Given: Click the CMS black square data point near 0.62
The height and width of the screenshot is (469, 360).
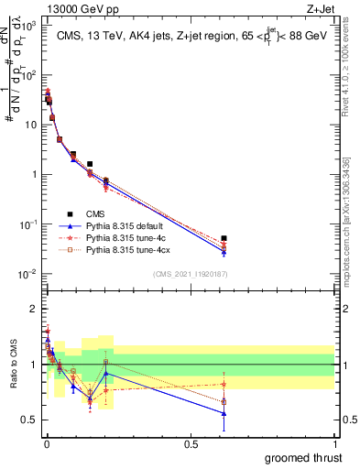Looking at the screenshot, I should click(224, 238).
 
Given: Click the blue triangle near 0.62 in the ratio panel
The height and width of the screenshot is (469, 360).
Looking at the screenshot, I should click(224, 413).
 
